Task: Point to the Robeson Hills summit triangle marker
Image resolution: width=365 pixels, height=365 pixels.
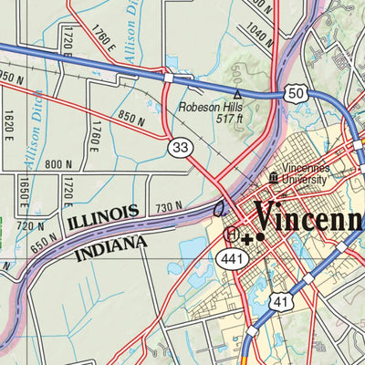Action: click(237, 93)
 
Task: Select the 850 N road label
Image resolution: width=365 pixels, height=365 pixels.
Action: click(132, 118)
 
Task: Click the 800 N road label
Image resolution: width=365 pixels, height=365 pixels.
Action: click(57, 164)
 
